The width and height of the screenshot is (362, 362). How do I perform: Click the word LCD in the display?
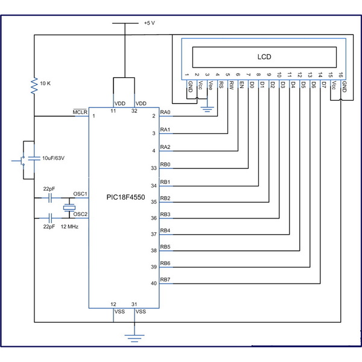click(264, 57)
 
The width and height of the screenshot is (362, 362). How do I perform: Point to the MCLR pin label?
click(80, 112)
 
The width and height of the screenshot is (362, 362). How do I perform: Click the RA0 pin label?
click(165, 112)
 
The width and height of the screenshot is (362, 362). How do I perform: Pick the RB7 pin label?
click(165, 279)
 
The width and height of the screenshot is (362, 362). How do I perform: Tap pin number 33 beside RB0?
click(153, 168)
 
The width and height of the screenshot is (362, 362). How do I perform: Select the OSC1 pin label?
click(80, 194)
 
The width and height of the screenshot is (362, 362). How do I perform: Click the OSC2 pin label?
click(80, 214)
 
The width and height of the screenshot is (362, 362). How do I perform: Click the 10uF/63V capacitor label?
click(56, 157)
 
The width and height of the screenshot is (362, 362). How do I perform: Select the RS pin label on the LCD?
click(222, 86)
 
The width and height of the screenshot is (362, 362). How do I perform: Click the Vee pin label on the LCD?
click(211, 86)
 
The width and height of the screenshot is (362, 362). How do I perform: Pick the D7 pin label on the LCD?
click(324, 86)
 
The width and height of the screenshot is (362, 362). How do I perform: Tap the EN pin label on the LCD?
click(242, 86)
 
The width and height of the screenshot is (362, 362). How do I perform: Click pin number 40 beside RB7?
click(153, 283)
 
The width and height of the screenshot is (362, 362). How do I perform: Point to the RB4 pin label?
click(165, 230)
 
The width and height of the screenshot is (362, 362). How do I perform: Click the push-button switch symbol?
click(21, 160)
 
